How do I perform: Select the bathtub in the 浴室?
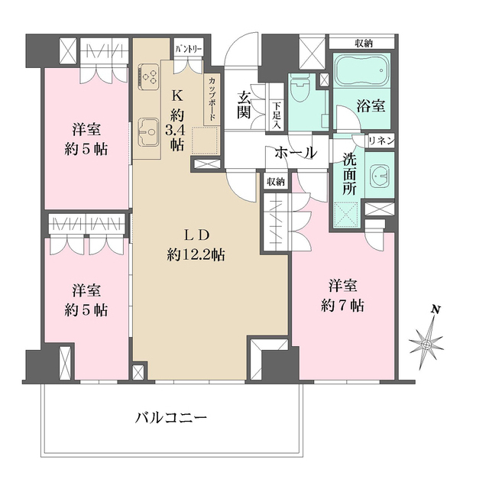click(x=361, y=75)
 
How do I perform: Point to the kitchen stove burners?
click(x=148, y=76)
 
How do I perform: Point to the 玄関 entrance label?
click(x=244, y=106)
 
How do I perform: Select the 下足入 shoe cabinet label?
click(x=277, y=115)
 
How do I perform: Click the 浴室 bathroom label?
click(x=371, y=106)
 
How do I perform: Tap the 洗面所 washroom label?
click(x=349, y=174)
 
